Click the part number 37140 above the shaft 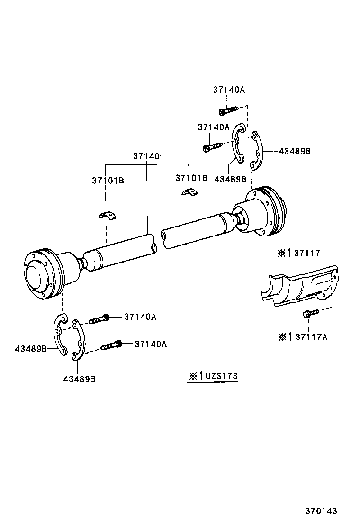click(146, 156)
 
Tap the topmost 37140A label click(229, 90)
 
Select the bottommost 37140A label click(151, 344)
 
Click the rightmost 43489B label click(294, 151)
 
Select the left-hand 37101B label click(108, 181)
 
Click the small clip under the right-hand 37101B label click(190, 192)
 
